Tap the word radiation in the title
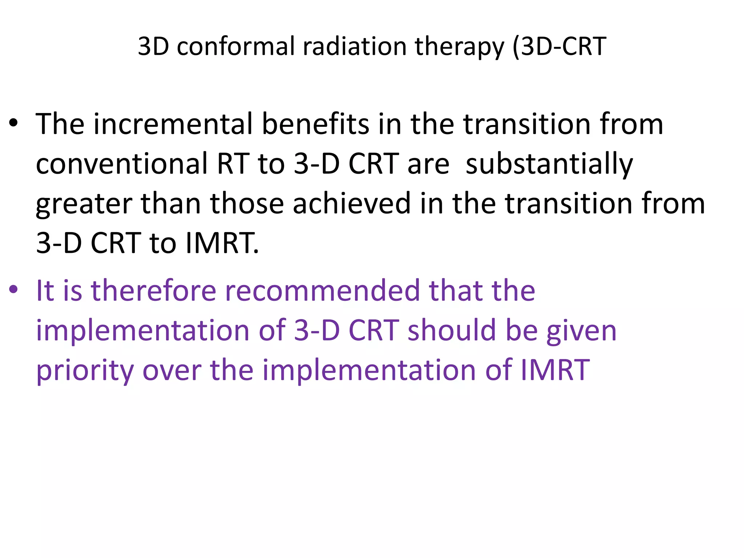click(355, 46)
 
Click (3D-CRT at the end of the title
click(559, 46)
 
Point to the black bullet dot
click(13, 124)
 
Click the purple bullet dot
click(13, 290)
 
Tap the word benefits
click(315, 124)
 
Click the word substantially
click(549, 164)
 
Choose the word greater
click(84, 204)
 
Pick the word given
click(581, 331)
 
